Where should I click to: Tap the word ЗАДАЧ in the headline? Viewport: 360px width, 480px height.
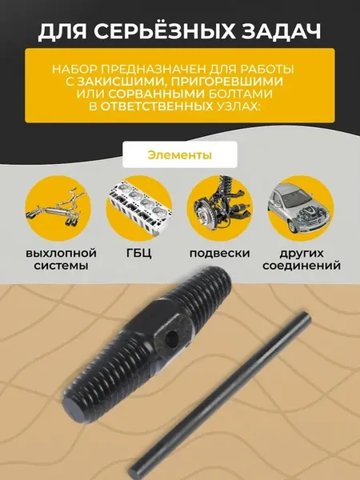click(281, 31)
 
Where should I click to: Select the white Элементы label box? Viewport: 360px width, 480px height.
click(180, 154)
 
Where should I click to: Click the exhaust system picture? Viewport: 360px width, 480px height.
click(58, 208)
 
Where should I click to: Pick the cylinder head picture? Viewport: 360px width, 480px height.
click(139, 208)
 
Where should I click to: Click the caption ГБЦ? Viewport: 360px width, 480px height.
click(138, 254)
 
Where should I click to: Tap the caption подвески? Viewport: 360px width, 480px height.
click(219, 254)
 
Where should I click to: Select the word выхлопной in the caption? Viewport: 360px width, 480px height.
click(61, 254)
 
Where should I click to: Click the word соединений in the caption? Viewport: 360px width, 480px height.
click(302, 265)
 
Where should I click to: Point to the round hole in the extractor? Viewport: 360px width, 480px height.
click(171, 339)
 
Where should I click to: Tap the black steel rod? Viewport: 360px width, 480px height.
click(219, 395)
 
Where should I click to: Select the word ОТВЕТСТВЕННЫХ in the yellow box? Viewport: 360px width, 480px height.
click(157, 106)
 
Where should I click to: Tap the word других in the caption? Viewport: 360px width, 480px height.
click(302, 254)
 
